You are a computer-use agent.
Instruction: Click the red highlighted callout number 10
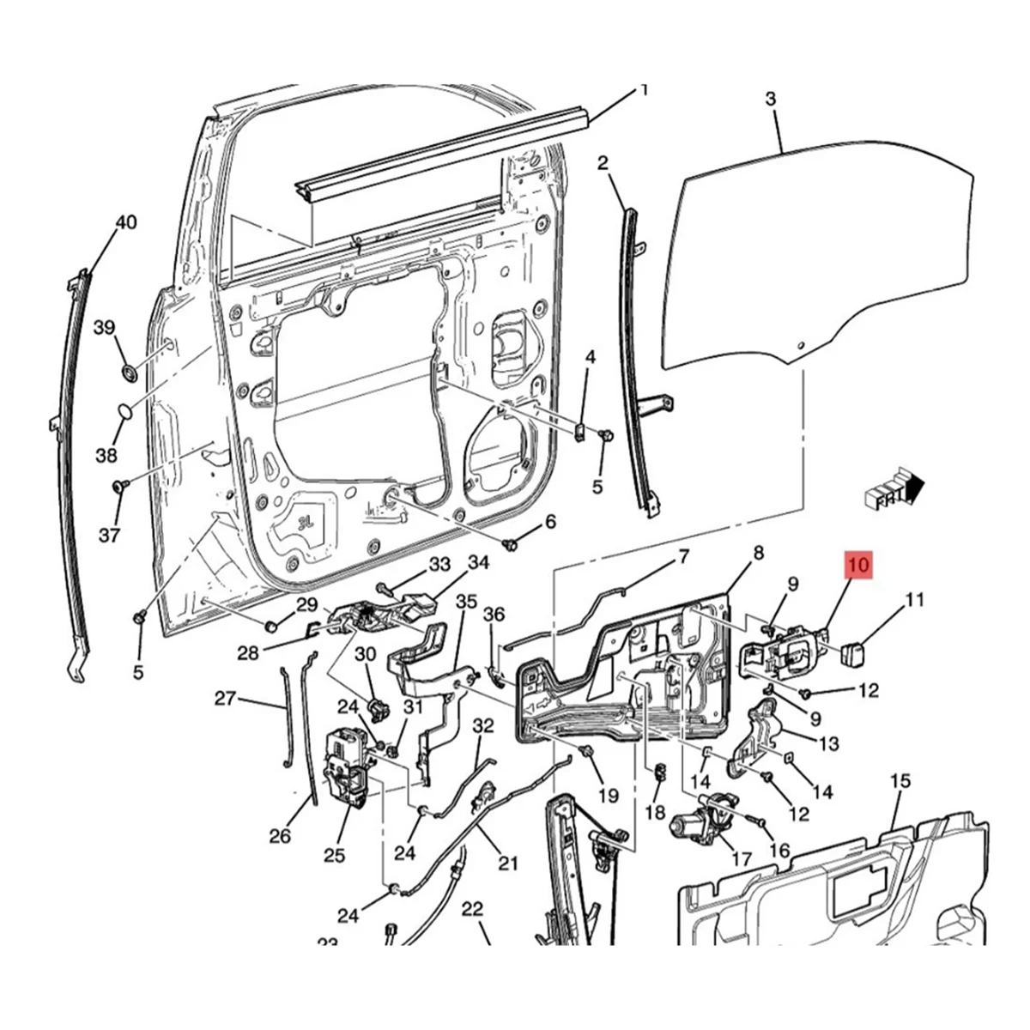click(x=859, y=566)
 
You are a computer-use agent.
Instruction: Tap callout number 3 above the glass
click(x=770, y=100)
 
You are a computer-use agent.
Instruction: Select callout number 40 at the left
click(x=125, y=223)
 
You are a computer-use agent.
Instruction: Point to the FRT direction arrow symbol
click(x=897, y=492)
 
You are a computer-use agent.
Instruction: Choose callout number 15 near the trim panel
click(x=899, y=781)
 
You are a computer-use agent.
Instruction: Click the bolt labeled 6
click(x=512, y=543)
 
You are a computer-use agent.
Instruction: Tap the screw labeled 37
click(x=118, y=488)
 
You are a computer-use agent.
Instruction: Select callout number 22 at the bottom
click(x=472, y=909)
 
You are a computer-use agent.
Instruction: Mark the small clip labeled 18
click(x=660, y=771)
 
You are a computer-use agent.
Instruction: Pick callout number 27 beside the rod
click(x=225, y=699)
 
